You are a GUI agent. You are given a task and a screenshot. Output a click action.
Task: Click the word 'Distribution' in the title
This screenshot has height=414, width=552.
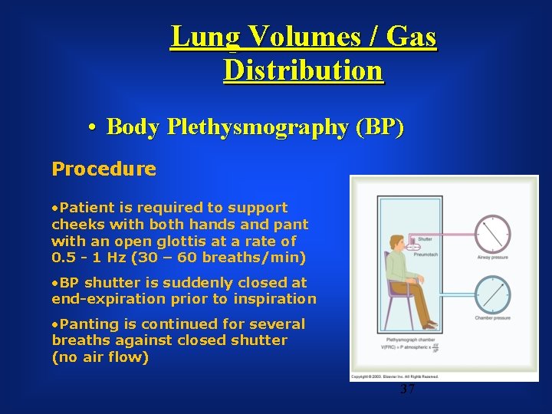click(303, 71)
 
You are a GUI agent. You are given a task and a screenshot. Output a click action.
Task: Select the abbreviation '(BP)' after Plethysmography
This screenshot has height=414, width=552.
click(380, 127)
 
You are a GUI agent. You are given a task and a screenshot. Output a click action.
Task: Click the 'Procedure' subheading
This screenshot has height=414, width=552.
click(103, 169)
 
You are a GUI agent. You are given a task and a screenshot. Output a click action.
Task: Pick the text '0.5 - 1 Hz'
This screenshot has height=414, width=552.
click(91, 258)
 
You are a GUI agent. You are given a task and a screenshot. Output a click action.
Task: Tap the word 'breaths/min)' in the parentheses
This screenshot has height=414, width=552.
click(258, 258)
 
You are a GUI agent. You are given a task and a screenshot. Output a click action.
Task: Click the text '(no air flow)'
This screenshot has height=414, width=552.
click(100, 357)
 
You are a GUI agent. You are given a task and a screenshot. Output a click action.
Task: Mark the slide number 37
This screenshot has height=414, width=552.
click(407, 389)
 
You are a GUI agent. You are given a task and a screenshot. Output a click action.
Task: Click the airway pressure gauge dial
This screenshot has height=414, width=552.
click(492, 233)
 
